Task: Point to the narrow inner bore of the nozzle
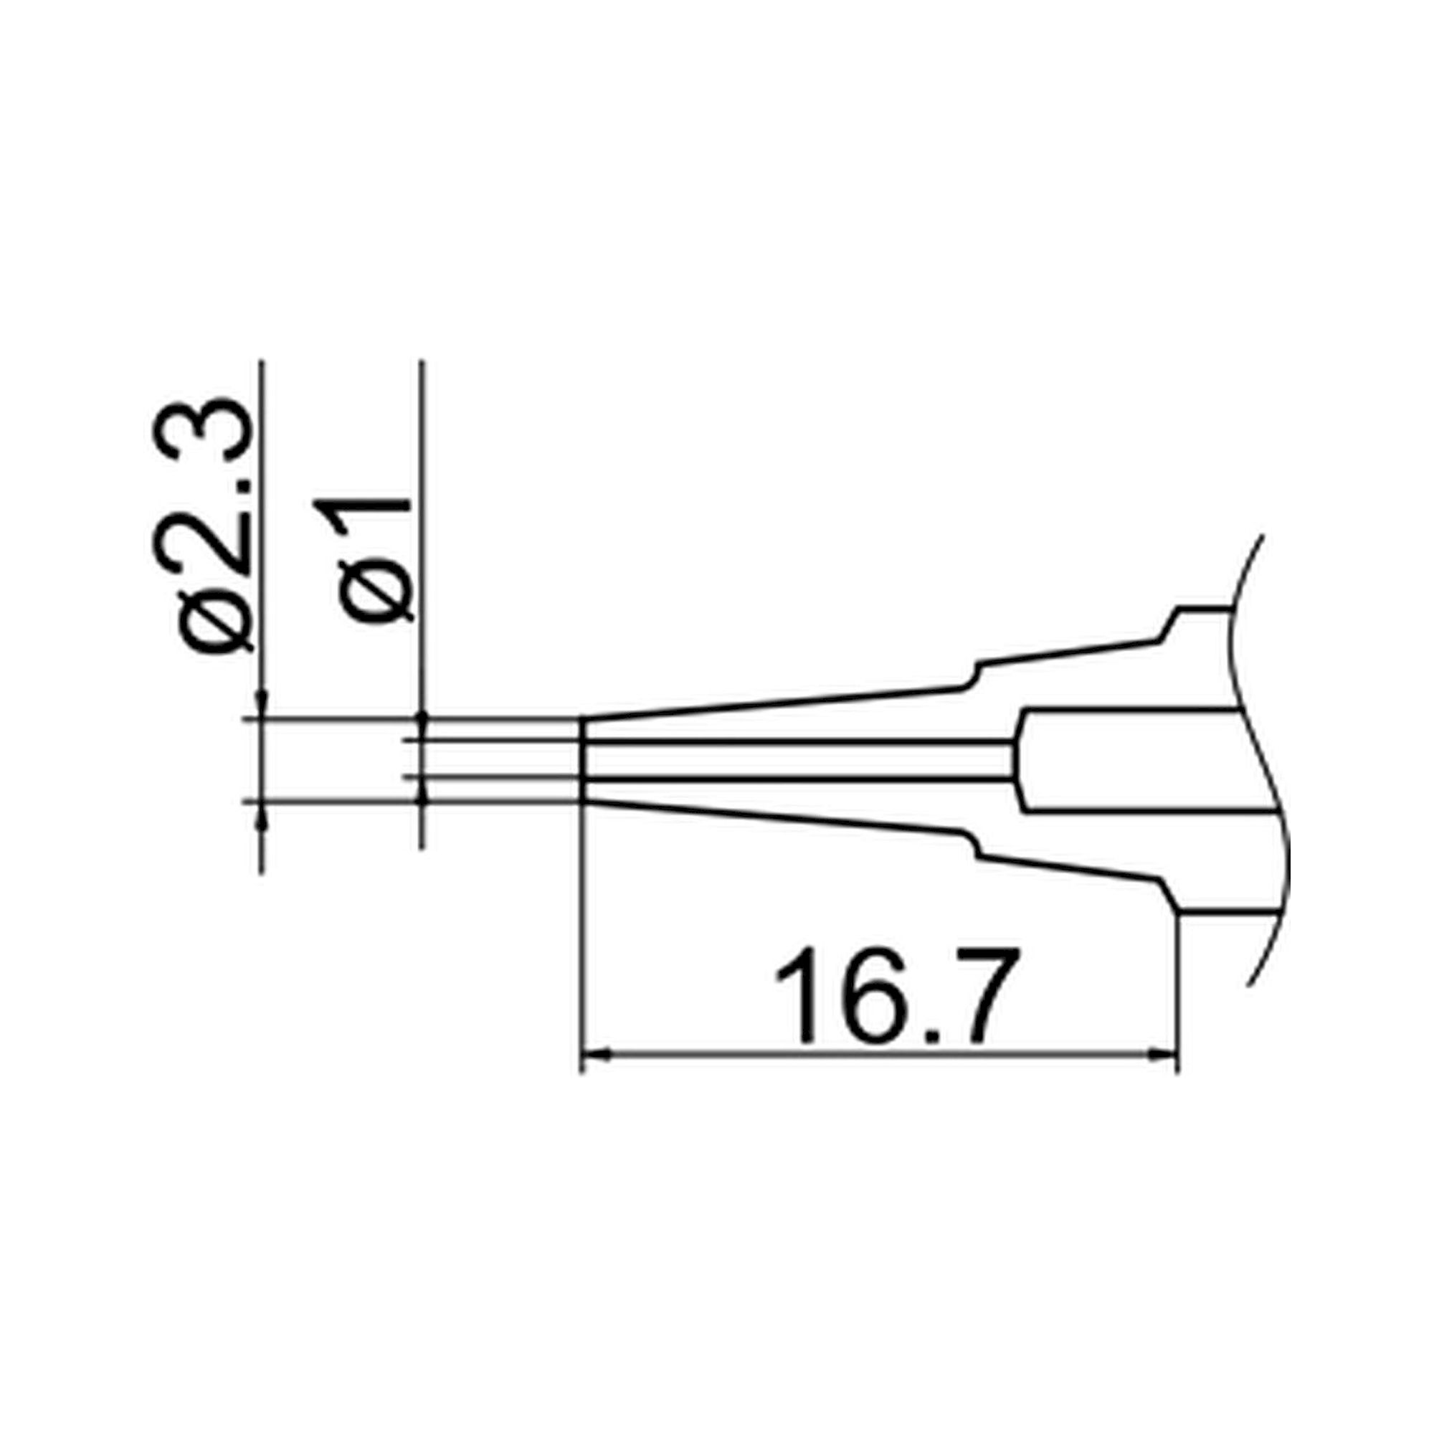pos(794,759)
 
